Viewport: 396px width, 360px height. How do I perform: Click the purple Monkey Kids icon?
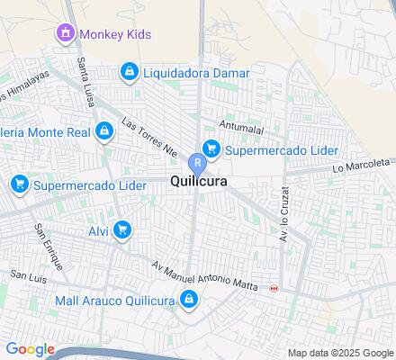tap(65, 34)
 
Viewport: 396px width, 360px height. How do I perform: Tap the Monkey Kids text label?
tap(114, 34)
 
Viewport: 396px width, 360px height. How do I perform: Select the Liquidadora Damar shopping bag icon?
tap(130, 70)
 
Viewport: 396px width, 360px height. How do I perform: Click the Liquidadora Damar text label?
tap(193, 70)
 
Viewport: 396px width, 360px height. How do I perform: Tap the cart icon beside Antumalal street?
tap(211, 148)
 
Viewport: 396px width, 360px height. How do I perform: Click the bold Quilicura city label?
tap(197, 181)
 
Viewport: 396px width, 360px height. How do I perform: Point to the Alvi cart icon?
tap(122, 230)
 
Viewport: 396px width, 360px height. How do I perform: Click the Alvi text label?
tap(98, 230)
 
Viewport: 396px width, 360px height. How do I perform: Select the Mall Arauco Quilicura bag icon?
tap(189, 300)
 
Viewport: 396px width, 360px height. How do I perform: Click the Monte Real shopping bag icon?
tap(105, 131)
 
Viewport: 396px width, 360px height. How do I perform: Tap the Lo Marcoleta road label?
tap(363, 166)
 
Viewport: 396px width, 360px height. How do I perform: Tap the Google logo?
tap(30, 349)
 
